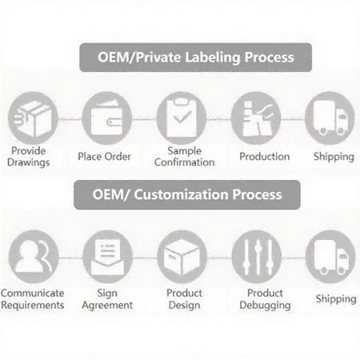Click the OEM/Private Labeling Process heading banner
coord(196,58)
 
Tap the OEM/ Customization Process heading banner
coord(187,194)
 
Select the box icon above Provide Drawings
coord(33,118)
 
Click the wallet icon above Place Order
coord(107,118)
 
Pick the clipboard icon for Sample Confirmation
coord(182,118)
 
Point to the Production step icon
coord(256,118)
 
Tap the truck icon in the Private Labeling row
coord(330,118)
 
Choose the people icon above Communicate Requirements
coord(34,257)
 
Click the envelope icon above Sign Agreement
coord(108,257)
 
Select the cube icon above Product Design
coord(182,257)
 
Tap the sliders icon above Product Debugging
coord(257,257)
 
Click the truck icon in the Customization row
coord(330,257)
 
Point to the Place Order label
coord(104,157)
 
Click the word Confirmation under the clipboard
coord(185,162)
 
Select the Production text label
coord(265,157)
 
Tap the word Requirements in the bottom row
coord(33,305)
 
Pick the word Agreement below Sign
coord(107,305)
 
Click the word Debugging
coord(265,305)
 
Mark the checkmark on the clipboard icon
coord(182,117)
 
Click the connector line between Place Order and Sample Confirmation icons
coord(144,119)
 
